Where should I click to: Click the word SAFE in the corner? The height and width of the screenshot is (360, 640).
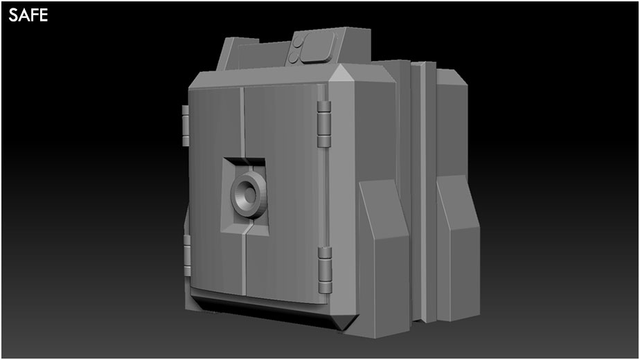pos(28,15)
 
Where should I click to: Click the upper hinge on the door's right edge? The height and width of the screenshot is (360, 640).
pos(323,124)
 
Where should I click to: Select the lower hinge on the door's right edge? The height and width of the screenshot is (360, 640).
pos(325,270)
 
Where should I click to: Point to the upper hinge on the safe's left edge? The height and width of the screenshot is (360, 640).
pos(186,125)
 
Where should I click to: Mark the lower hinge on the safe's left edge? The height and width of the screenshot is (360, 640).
pos(187,255)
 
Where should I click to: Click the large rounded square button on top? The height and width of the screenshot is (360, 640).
pos(318,47)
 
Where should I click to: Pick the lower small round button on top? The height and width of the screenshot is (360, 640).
pos(294,58)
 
